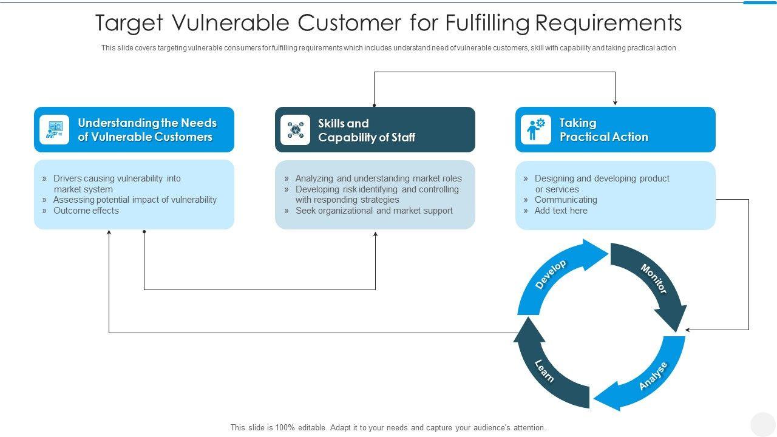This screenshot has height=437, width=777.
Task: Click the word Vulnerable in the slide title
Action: [229, 23]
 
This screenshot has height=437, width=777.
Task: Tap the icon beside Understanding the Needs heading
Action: [55, 130]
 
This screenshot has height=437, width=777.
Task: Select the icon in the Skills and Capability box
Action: [296, 130]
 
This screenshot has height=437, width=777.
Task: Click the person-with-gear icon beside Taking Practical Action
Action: [536, 130]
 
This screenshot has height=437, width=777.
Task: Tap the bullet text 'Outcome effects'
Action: [86, 211]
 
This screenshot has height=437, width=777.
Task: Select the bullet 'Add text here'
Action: [561, 211]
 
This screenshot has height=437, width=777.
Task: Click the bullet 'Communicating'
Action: [566, 200]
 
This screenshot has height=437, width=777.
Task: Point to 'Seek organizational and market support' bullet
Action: [374, 211]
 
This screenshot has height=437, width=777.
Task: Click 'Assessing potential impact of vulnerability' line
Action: [135, 200]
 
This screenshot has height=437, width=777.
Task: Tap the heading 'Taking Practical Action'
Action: [603, 130]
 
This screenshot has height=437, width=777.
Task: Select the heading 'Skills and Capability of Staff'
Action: [367, 130]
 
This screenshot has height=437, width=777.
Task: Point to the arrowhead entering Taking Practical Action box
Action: [615, 103]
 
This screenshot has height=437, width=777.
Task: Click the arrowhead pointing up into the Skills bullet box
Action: [375, 234]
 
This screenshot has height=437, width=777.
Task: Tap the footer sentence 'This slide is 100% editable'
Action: [388, 427]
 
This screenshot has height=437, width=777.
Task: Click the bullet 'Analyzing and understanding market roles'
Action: [378, 178]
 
